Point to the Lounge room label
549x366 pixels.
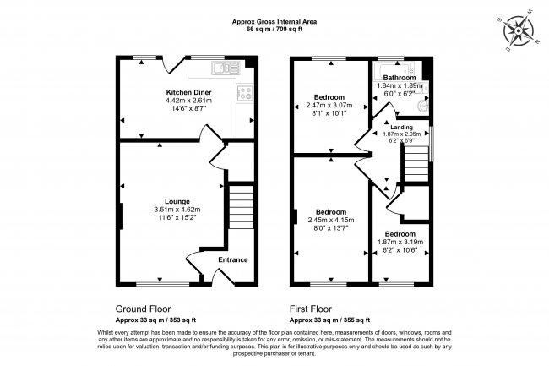tap(177, 200)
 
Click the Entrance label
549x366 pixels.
tap(233, 259)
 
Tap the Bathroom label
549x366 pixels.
tap(400, 78)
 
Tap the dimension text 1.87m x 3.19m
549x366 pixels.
tap(400, 242)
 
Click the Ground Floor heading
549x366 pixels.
tap(141, 309)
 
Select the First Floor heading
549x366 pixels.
tap(311, 309)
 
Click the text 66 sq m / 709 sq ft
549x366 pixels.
tap(274, 29)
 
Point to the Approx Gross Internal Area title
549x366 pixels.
tap(274, 21)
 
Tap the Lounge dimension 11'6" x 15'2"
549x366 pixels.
tap(177, 218)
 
